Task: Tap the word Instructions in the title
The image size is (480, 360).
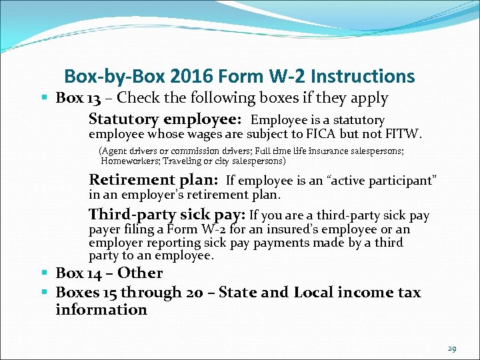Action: point(359,77)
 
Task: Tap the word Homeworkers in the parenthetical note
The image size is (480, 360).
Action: point(131,161)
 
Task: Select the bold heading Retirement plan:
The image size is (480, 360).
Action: point(154,180)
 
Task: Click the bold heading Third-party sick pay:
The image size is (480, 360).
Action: point(167,215)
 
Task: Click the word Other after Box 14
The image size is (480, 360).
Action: point(140,273)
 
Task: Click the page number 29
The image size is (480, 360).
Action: point(453,349)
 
